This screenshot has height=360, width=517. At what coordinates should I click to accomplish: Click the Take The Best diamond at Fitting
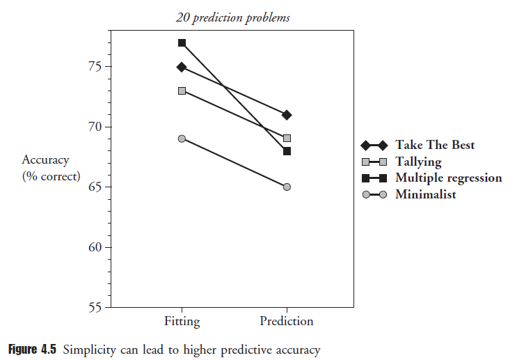click(x=182, y=67)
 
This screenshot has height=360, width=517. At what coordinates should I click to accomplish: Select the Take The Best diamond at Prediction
click(x=287, y=115)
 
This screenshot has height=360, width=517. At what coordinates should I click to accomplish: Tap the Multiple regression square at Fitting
click(x=182, y=43)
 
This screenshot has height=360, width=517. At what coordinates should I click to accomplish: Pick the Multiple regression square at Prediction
click(x=287, y=150)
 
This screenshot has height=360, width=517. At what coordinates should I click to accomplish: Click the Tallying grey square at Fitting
click(x=182, y=91)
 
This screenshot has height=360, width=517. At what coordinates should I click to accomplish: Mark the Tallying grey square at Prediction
click(x=287, y=138)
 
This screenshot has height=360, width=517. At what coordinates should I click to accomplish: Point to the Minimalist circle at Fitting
click(x=182, y=139)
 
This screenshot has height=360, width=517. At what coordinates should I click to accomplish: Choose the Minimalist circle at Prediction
click(x=287, y=187)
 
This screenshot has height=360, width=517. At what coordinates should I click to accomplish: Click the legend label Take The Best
click(x=435, y=145)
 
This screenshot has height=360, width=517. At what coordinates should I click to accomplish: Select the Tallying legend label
click(x=418, y=162)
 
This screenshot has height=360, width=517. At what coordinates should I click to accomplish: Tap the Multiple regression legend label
click(x=448, y=178)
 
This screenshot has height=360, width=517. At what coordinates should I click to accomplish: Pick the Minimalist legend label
click(x=426, y=194)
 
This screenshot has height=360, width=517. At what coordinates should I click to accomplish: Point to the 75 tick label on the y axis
click(x=93, y=67)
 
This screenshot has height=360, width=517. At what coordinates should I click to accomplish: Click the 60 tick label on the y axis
click(x=93, y=247)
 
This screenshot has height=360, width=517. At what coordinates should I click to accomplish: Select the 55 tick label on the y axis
click(x=93, y=307)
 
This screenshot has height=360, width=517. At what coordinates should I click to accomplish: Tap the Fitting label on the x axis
click(x=182, y=322)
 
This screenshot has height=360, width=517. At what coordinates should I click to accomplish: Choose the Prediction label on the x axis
click(x=287, y=322)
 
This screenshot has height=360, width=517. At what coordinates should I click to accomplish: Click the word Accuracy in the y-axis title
click(x=45, y=160)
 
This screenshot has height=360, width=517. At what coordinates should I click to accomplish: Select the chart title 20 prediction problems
click(x=233, y=18)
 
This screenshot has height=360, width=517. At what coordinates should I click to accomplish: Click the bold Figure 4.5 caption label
click(x=33, y=349)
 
